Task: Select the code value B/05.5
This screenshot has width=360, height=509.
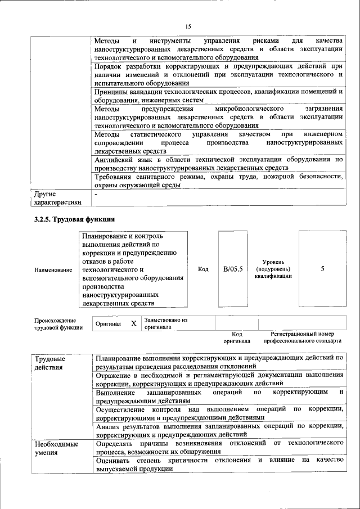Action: (x=232, y=269)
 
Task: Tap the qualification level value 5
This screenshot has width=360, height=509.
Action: (x=322, y=269)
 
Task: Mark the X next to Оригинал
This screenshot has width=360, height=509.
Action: (x=133, y=323)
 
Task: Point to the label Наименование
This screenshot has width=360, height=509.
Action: (x=53, y=269)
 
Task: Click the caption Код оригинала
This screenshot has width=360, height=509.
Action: (x=236, y=337)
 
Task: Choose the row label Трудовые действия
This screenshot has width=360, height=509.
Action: (x=49, y=363)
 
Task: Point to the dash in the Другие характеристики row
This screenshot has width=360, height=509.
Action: (x=96, y=194)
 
